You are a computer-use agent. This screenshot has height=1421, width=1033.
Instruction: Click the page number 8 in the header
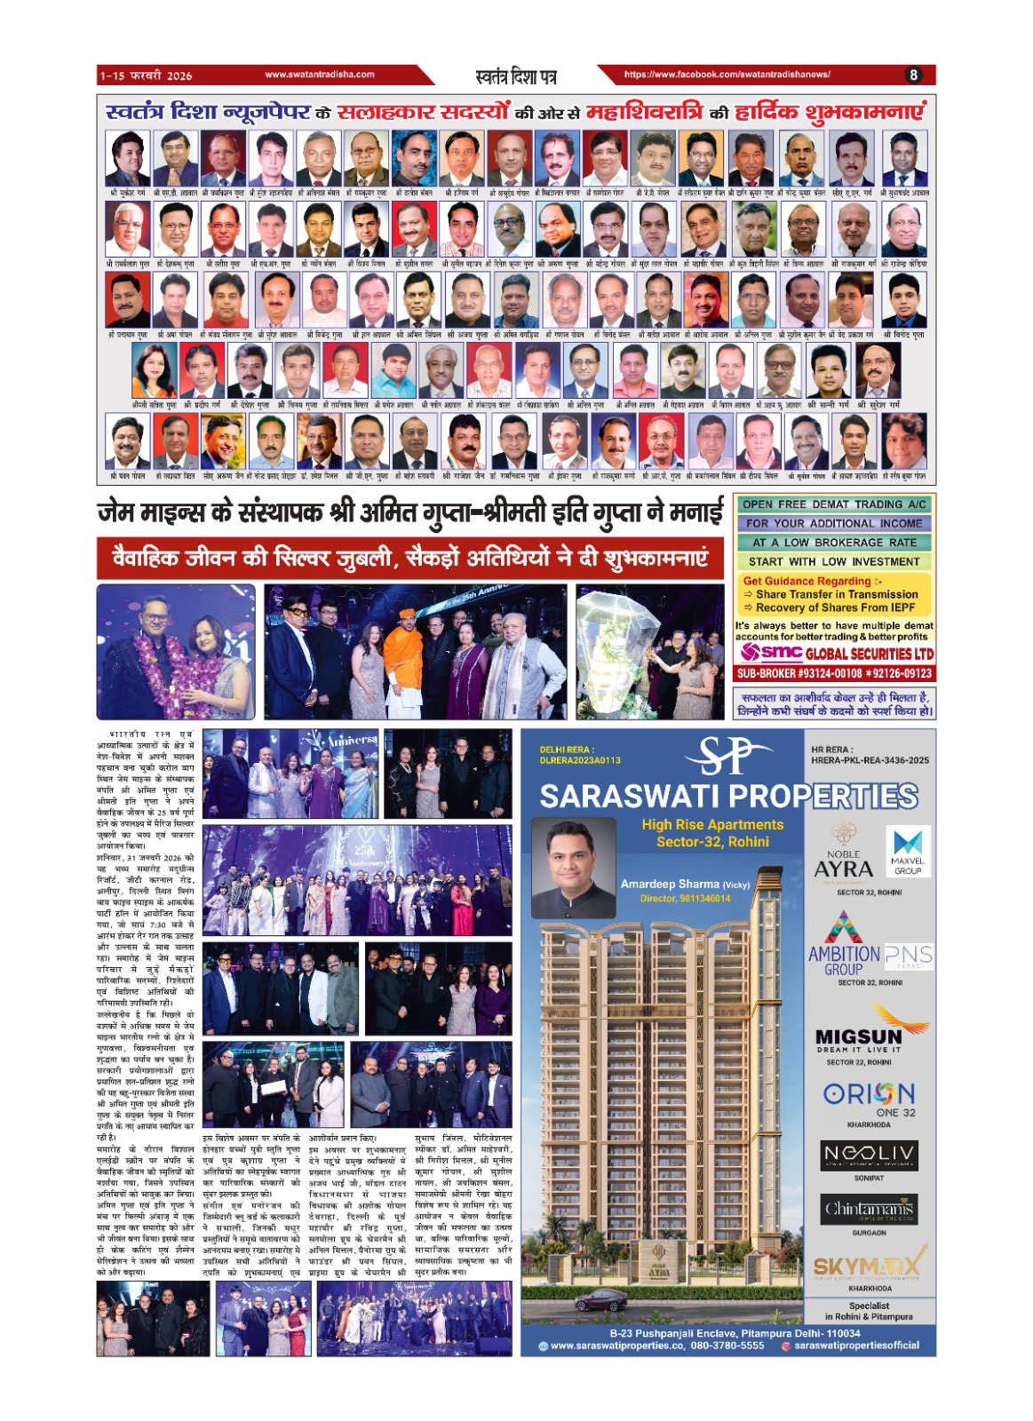coord(913,75)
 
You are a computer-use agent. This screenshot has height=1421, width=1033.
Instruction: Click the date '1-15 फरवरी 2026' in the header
coord(146,75)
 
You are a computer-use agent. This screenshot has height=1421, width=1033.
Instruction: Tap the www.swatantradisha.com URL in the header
coord(320,75)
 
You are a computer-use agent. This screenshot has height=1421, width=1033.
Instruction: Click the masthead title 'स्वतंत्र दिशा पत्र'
coord(516,76)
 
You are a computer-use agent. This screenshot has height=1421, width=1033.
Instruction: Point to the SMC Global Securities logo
coord(836,653)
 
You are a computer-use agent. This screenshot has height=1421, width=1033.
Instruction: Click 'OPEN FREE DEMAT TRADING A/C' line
coord(834,504)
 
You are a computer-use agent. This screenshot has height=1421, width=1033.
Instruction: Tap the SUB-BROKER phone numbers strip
coord(834,673)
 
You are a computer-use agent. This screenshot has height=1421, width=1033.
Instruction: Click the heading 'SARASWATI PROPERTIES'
coord(728,797)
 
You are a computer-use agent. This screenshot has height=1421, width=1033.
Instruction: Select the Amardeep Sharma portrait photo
coord(574,868)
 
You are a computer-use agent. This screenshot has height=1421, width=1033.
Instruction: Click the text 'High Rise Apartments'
coord(712,825)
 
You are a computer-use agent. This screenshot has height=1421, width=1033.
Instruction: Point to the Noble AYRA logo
coord(843,856)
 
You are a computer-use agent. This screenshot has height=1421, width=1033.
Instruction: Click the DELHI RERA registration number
coord(580,760)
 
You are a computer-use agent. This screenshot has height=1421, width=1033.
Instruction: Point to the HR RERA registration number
coord(870,760)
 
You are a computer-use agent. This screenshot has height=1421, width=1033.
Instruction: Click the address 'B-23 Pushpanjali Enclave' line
coord(735,1333)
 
